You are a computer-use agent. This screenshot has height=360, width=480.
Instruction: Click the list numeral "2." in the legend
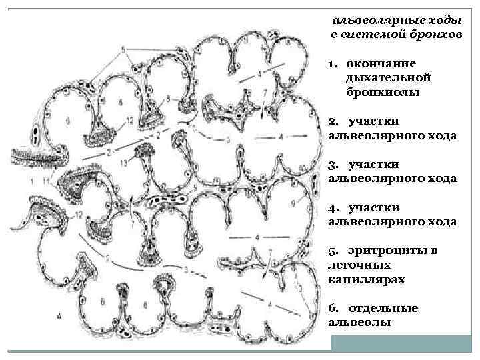[x=333, y=121]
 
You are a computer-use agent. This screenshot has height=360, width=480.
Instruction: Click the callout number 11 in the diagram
[x=45, y=181]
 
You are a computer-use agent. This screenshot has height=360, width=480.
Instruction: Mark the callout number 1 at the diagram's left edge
[x=32, y=181]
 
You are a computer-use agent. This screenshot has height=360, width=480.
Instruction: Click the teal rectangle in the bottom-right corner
[x=405, y=343]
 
